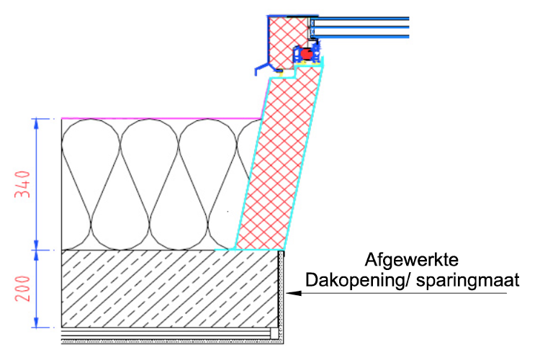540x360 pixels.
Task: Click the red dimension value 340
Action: [x=22, y=184]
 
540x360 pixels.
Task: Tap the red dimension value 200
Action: [x=22, y=289]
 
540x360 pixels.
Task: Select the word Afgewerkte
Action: [x=412, y=259]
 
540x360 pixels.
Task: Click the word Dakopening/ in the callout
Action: [x=358, y=280]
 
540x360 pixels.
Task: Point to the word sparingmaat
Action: [x=468, y=280]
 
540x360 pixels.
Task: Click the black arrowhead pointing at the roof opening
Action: [x=294, y=293]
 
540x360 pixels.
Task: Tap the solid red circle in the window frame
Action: [x=306, y=53]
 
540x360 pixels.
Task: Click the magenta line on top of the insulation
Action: [x=161, y=119]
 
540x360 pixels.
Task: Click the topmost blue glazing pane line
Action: [x=361, y=18]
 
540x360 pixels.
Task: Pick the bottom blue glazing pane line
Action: [x=361, y=36]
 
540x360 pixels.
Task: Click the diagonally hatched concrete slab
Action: [x=170, y=289]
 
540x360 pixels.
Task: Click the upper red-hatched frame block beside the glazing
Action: [x=287, y=41]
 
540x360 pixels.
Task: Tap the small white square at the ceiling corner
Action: [x=274, y=333]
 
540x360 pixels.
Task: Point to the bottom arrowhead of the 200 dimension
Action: [x=36, y=322]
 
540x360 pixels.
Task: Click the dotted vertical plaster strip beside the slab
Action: [x=281, y=296]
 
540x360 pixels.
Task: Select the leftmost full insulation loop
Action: [x=91, y=184]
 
